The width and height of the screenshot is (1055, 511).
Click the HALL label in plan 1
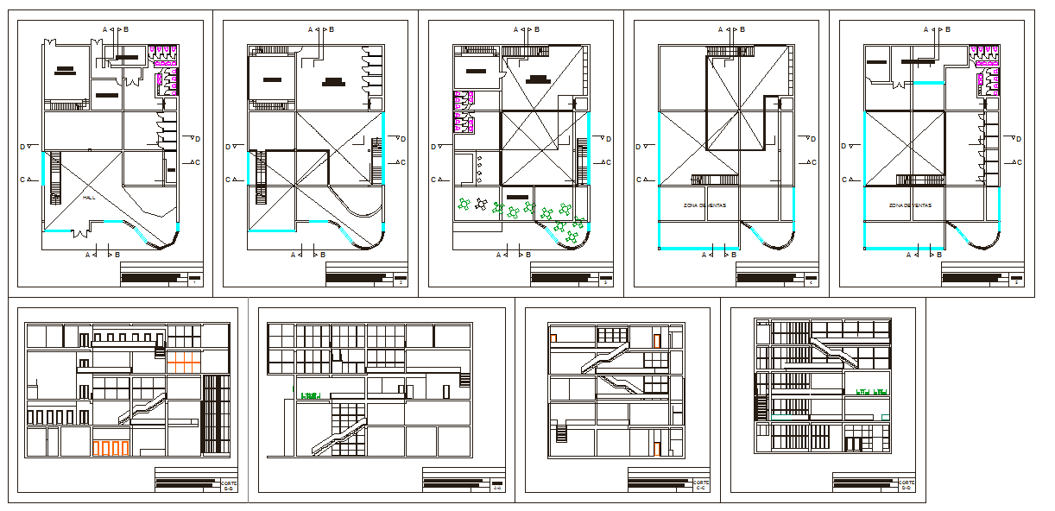(89, 198)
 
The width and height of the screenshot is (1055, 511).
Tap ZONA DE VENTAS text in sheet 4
(704, 205)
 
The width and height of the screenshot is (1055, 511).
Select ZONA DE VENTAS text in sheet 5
(910, 205)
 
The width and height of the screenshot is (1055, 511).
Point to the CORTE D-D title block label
(907, 485)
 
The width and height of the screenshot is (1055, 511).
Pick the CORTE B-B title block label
(229, 485)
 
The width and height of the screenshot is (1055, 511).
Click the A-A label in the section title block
(498, 489)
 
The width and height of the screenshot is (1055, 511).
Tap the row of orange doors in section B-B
(111, 448)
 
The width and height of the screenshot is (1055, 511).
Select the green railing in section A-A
(310, 396)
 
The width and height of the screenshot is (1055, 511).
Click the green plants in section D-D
(871, 392)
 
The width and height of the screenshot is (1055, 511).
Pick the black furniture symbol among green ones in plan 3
(481, 206)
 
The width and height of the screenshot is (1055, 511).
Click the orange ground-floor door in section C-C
(656, 449)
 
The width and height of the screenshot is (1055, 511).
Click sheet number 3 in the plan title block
(606, 282)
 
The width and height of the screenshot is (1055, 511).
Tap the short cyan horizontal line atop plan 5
(928, 82)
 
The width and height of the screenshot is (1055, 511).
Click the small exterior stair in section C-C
(561, 430)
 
